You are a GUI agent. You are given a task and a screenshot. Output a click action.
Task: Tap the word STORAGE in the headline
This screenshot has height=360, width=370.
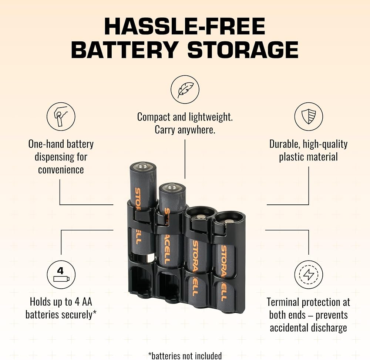pyautogui.click(x=243, y=50)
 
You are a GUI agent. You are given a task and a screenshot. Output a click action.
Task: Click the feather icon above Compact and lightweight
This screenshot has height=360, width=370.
pyautogui.click(x=185, y=89)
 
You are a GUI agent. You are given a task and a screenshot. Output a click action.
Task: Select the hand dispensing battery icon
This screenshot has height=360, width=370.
pyautogui.click(x=61, y=116)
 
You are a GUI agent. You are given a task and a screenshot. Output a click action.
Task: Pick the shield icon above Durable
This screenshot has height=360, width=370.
pyautogui.click(x=309, y=116)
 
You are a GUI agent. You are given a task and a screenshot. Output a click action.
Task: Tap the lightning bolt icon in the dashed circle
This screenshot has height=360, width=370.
pyautogui.click(x=309, y=275)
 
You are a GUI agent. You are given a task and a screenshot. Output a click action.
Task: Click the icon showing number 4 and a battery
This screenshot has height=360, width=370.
pyautogui.click(x=61, y=275)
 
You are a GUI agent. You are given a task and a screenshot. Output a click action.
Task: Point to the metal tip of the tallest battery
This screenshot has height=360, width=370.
pyautogui.click(x=143, y=165)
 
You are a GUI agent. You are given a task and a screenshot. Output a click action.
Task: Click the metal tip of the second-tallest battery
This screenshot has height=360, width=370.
pyautogui.click(x=172, y=187)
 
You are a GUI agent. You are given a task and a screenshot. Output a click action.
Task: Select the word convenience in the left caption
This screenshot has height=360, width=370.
pyautogui.click(x=61, y=170)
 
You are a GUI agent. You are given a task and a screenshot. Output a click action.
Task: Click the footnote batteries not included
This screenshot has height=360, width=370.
pyautogui.click(x=185, y=356)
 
